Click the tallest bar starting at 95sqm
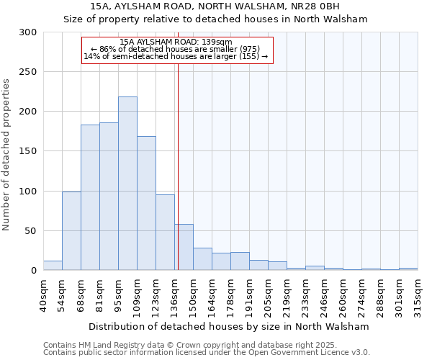pos(127,184)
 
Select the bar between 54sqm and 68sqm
pos(71,230)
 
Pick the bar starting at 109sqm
pos(146,203)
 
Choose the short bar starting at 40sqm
pos(53,266)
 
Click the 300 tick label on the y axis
pos(28,32)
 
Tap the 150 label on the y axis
pos(28,151)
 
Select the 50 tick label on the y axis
pos(31,231)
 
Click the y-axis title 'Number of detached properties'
pos(7,155)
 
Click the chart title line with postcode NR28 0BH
pos(216,6)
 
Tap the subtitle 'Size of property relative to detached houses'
pos(216,19)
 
